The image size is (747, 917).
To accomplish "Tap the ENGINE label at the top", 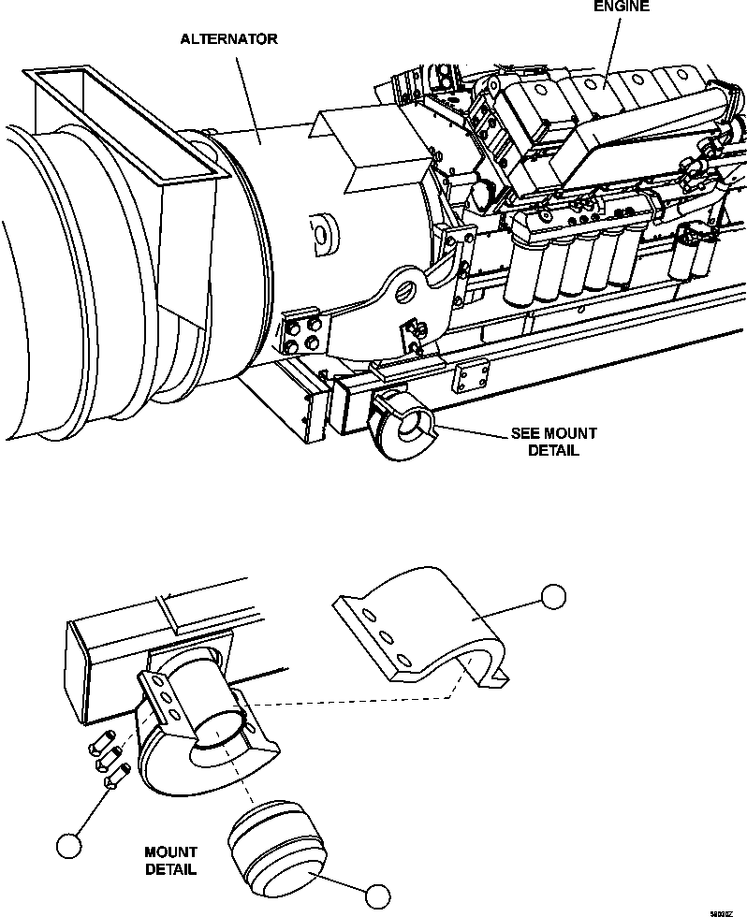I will coord(619,6).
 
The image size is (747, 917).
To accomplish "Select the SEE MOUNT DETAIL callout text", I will coord(553,442).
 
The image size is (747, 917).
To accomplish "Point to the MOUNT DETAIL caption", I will coord(170,860).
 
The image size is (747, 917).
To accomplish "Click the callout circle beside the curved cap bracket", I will coord(555,597).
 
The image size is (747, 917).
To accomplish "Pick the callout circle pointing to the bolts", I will coord(67,845).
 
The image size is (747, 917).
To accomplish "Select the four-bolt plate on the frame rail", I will coord(471,379).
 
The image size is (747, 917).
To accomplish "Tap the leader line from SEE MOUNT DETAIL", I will coord(473,431).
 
